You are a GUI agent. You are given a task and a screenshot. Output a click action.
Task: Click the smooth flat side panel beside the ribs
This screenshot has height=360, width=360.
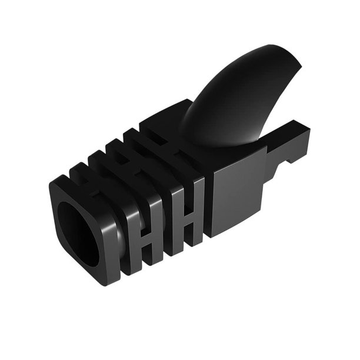tap(235, 194)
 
